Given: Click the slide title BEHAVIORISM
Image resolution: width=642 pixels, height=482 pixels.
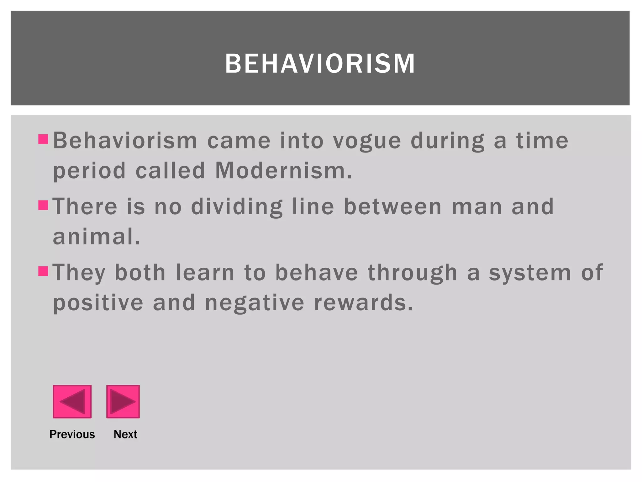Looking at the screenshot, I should click(320, 64).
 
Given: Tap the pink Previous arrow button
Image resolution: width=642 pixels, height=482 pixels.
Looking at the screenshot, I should click(72, 401).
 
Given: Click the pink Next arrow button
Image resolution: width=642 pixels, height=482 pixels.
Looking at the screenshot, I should click(123, 401).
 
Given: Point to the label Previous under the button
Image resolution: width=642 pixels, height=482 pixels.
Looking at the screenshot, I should click(72, 434).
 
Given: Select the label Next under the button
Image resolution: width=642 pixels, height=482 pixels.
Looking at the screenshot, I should click(125, 434).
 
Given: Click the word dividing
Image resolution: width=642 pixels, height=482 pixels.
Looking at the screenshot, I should click(237, 207).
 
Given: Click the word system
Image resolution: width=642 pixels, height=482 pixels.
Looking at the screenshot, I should click(530, 273).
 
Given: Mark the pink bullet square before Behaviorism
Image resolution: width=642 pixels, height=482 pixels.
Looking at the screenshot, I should click(43, 139).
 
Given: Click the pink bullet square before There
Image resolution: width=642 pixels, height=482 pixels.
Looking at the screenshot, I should click(43, 205).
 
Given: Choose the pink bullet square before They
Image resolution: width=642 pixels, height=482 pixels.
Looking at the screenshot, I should click(43, 271).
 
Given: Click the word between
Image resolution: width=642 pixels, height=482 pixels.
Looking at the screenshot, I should click(393, 207).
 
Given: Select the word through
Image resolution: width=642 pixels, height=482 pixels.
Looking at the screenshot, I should click(413, 273).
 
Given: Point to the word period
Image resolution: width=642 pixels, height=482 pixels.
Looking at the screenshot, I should click(89, 171).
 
